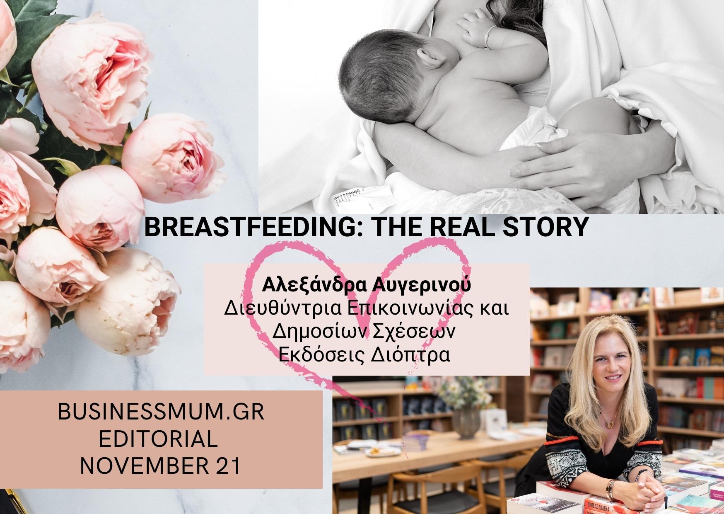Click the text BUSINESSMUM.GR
161,413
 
